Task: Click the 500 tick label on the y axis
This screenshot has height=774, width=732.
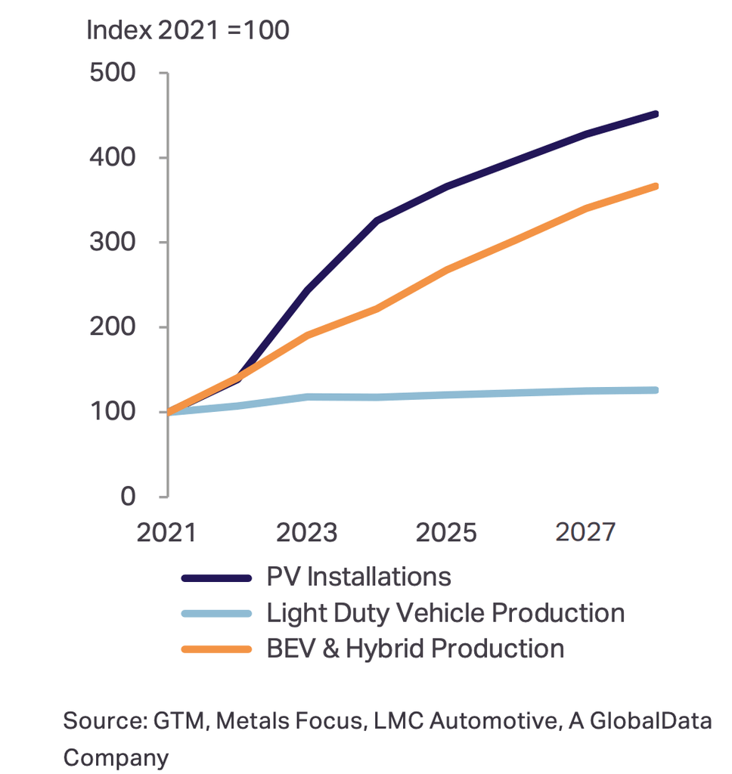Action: coord(112,73)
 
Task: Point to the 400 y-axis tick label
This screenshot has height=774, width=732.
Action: coord(112,158)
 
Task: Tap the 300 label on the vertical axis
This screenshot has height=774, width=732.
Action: coord(112,243)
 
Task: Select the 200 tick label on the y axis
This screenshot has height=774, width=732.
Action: coord(112,327)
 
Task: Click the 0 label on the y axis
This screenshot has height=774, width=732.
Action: coord(127,497)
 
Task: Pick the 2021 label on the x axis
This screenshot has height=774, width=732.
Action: coord(166,532)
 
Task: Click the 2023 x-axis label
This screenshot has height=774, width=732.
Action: coord(306,532)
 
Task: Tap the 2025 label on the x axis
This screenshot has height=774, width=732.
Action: coord(446,532)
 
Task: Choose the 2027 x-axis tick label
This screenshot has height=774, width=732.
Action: coord(585,532)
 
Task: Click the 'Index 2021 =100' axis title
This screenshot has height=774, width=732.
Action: coord(188,31)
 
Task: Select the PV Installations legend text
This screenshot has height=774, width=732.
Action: coord(358,577)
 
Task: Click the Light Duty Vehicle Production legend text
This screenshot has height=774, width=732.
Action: coord(445,613)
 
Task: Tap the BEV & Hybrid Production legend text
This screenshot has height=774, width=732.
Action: coord(415,649)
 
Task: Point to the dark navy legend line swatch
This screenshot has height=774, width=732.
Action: coord(216,578)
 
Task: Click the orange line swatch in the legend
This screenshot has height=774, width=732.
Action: coord(216,649)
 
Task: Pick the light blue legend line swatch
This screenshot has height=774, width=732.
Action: coord(216,614)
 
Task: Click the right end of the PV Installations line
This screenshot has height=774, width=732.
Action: coord(655,114)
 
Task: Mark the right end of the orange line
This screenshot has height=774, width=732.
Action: coord(655,186)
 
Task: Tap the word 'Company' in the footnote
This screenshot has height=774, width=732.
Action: coord(116,757)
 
